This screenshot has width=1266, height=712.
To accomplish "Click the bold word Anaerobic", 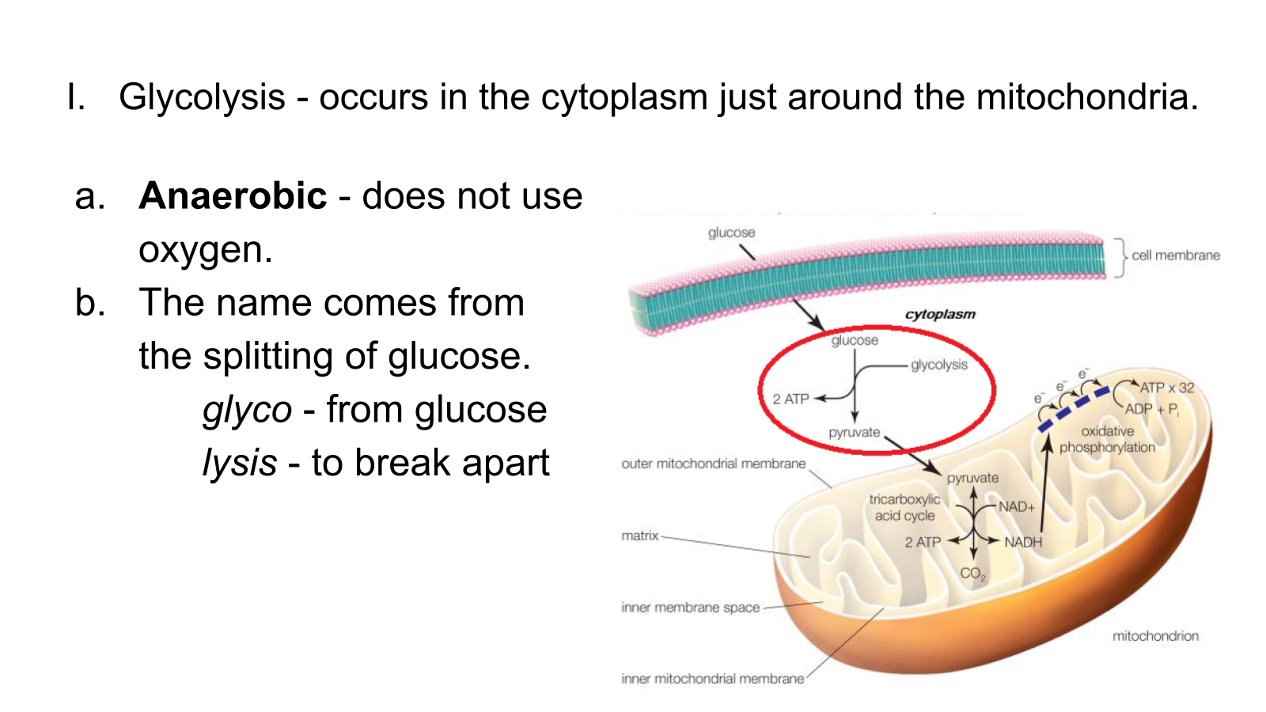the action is click(233, 196).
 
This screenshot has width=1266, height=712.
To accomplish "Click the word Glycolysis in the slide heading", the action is click(202, 97).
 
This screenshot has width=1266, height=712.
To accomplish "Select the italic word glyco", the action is click(248, 411).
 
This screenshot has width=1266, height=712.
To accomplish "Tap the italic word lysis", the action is click(241, 462).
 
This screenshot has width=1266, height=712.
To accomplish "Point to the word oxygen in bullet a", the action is click(206, 250).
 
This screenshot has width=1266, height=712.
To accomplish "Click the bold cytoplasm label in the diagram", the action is click(941, 315).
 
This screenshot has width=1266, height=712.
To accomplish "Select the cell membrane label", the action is click(1176, 256).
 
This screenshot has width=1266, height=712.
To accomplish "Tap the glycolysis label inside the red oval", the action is click(938, 365).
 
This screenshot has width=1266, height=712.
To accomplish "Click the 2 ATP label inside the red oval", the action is click(790, 399).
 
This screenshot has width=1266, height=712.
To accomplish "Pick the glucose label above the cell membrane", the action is click(731, 233).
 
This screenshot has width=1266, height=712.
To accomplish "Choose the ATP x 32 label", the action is click(1167, 388).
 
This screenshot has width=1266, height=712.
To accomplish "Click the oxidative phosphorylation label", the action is click(1107, 439).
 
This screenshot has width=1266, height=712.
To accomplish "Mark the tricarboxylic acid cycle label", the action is click(905, 507).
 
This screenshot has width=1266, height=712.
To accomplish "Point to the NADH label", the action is click(1023, 543).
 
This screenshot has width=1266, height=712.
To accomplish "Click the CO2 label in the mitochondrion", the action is click(972, 574).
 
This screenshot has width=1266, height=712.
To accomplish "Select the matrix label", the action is click(640, 536).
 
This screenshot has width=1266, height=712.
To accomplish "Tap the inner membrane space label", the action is click(690, 608).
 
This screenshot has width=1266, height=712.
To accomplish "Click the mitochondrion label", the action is click(1155, 636).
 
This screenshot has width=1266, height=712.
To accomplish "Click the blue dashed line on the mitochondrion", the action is click(1073, 409).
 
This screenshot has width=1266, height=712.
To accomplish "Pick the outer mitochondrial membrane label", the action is click(713, 464).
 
